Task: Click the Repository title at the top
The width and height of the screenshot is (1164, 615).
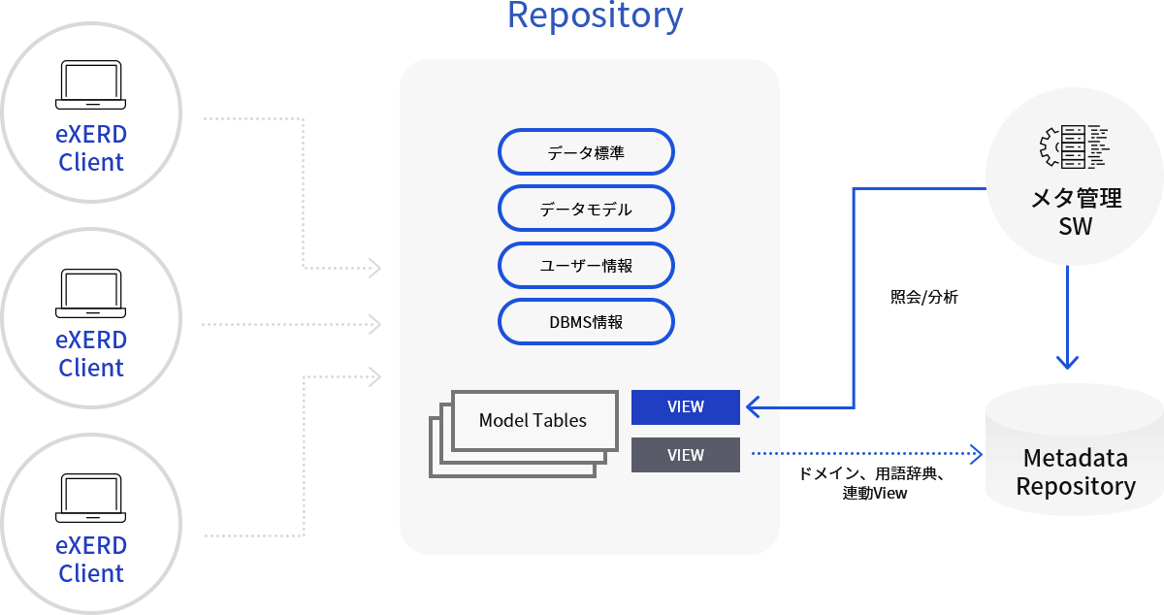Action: [595, 16]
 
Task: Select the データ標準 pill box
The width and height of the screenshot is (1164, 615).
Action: [586, 152]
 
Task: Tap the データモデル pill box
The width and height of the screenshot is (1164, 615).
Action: [586, 209]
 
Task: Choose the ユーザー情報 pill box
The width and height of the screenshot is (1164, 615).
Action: [586, 265]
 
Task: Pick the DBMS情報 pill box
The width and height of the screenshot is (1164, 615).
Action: [586, 321]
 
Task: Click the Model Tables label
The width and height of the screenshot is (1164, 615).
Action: [533, 420]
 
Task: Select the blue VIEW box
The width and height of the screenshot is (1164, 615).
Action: [686, 407]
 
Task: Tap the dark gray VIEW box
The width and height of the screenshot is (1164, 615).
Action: [686, 455]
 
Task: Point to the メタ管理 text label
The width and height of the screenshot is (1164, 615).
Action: [1075, 198]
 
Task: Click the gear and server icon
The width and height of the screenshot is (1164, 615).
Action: [1075, 146]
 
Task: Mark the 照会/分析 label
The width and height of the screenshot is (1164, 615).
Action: [923, 298]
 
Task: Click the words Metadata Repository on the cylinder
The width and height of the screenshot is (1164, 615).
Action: [1075, 471]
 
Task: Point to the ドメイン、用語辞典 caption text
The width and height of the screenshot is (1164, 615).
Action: [870, 473]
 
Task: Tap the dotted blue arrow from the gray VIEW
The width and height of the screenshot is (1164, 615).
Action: [863, 453]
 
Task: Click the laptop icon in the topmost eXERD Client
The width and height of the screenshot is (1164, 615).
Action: [91, 85]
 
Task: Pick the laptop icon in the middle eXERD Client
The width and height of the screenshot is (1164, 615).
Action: [91, 291]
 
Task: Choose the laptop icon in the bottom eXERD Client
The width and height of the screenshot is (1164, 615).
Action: [91, 497]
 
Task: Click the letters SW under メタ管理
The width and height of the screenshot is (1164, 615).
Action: [1075, 227]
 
